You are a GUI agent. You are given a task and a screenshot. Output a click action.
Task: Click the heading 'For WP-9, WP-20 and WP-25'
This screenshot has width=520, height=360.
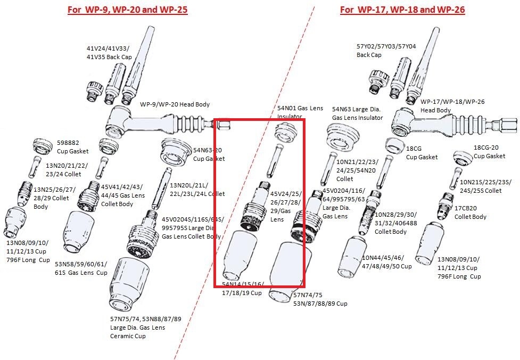(x=127, y=10)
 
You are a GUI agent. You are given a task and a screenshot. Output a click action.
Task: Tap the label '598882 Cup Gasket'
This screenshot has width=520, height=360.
(x=72, y=147)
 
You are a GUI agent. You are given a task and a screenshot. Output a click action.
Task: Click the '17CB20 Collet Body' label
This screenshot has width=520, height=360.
(x=470, y=212)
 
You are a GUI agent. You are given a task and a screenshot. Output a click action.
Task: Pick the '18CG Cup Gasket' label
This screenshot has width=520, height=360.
(x=422, y=153)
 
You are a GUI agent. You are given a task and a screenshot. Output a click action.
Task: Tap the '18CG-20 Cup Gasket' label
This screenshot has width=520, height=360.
(x=489, y=152)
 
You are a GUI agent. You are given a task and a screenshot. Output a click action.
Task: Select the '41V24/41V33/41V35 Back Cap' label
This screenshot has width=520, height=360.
(x=109, y=52)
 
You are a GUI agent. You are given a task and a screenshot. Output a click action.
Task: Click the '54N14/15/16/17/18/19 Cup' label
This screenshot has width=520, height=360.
(x=242, y=289)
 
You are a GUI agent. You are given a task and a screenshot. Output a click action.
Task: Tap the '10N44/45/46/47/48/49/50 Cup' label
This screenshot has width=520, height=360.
(x=386, y=262)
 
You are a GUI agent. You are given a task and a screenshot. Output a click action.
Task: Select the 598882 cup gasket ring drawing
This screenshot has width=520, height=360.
(x=43, y=144)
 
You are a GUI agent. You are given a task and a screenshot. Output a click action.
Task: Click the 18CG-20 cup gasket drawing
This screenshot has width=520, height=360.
(x=463, y=157)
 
